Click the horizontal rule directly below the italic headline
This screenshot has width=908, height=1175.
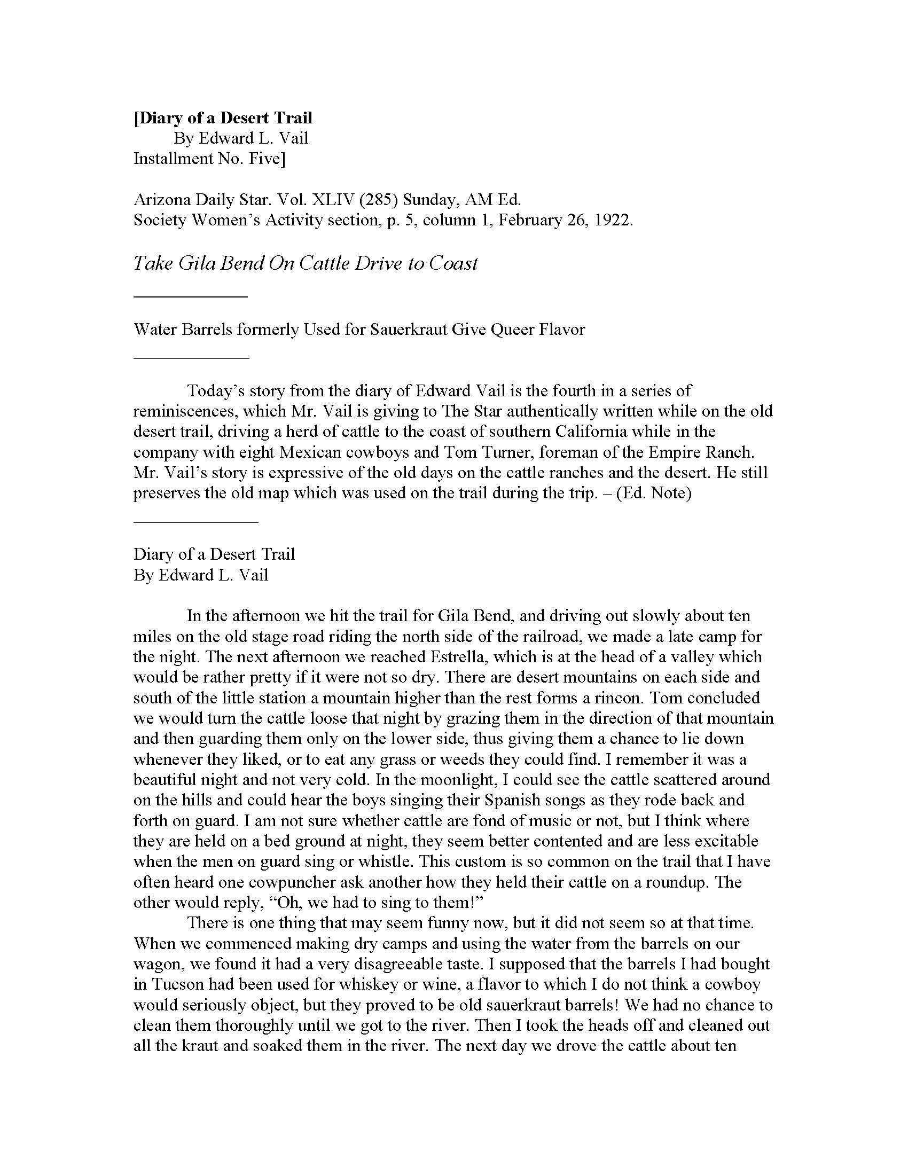[x=191, y=296]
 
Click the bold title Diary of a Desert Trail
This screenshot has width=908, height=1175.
[x=223, y=118]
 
